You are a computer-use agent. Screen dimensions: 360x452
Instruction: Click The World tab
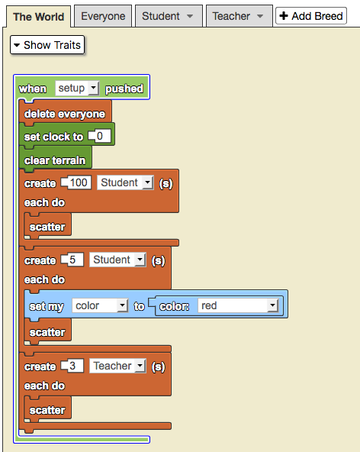click(x=38, y=17)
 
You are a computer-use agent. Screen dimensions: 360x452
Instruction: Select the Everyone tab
click(x=103, y=16)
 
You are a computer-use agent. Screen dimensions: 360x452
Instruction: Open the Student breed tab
click(x=169, y=16)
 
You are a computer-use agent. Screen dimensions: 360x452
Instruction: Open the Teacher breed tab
click(x=239, y=16)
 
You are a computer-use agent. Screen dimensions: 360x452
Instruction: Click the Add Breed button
click(x=311, y=16)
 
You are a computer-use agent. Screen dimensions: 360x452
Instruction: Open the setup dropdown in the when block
click(x=77, y=89)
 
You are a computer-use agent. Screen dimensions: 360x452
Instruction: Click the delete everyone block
click(x=65, y=113)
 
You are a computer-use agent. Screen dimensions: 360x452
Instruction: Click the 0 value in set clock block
click(x=100, y=136)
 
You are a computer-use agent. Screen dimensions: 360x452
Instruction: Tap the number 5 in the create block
click(x=72, y=260)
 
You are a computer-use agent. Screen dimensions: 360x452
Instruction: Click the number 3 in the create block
click(x=72, y=366)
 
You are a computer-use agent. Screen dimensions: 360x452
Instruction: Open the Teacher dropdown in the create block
click(x=117, y=366)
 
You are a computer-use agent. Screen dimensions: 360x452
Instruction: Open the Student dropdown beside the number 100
click(x=125, y=182)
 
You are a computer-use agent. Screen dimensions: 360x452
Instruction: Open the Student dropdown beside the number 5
click(x=117, y=260)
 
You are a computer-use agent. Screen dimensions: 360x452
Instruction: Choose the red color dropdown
click(x=238, y=305)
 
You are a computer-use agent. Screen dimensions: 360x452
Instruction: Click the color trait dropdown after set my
click(x=100, y=305)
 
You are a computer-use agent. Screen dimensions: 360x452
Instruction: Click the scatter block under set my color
click(x=47, y=331)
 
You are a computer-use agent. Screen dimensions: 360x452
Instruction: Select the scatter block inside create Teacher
click(x=47, y=409)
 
